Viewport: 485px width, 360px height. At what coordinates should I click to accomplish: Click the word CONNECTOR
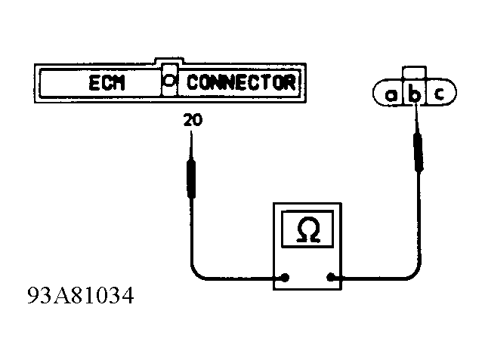point(240,82)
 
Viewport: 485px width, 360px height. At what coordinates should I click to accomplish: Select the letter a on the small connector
point(392,94)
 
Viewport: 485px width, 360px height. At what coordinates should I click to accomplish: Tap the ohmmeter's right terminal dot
point(331,277)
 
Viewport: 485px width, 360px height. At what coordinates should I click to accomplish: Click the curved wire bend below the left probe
point(198,270)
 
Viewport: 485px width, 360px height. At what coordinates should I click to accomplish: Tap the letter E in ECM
point(92,83)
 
